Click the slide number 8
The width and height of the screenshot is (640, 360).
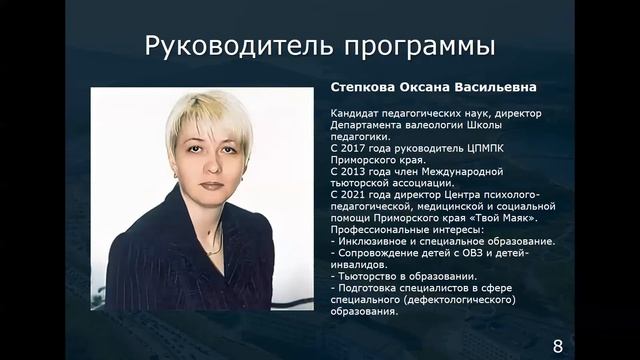click(558, 346)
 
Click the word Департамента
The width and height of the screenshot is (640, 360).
click(368, 125)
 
